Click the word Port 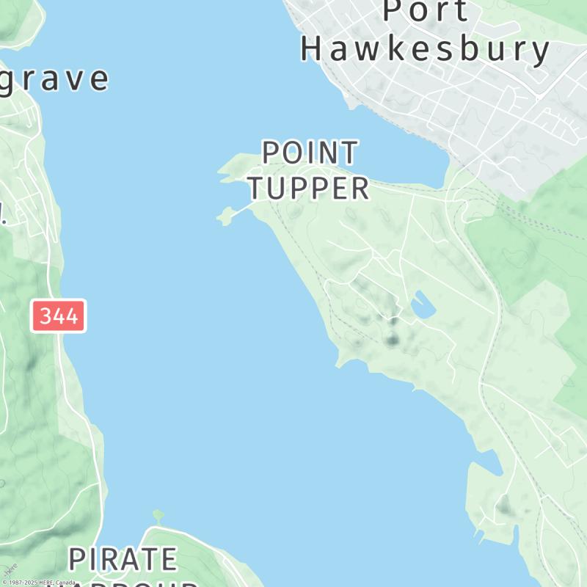click(426, 10)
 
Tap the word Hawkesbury click(426, 50)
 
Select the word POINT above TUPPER click(310, 153)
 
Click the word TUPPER click(308, 189)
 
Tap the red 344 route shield click(59, 316)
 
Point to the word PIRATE click(123, 559)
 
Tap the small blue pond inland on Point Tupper click(421, 305)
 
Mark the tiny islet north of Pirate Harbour click(158, 516)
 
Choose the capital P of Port click(393, 10)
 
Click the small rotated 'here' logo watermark click(10, 569)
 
